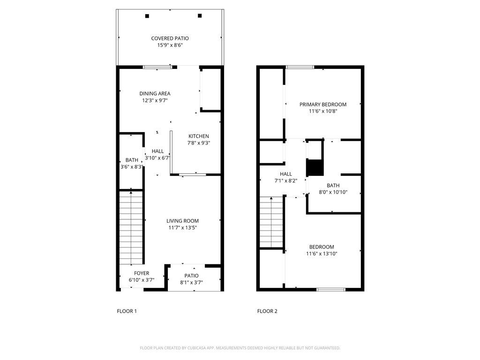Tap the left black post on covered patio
147,16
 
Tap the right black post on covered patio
200,16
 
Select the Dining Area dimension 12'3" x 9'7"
154,100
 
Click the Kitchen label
199,136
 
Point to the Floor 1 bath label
132,160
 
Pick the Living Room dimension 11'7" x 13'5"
182,228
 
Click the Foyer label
141,273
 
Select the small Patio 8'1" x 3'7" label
191,276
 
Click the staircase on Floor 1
130,227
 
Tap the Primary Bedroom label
323,105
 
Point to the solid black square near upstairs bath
315,167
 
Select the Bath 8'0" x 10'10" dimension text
333,192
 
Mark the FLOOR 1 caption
127,311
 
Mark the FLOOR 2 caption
267,311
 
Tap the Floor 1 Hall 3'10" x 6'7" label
157,158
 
